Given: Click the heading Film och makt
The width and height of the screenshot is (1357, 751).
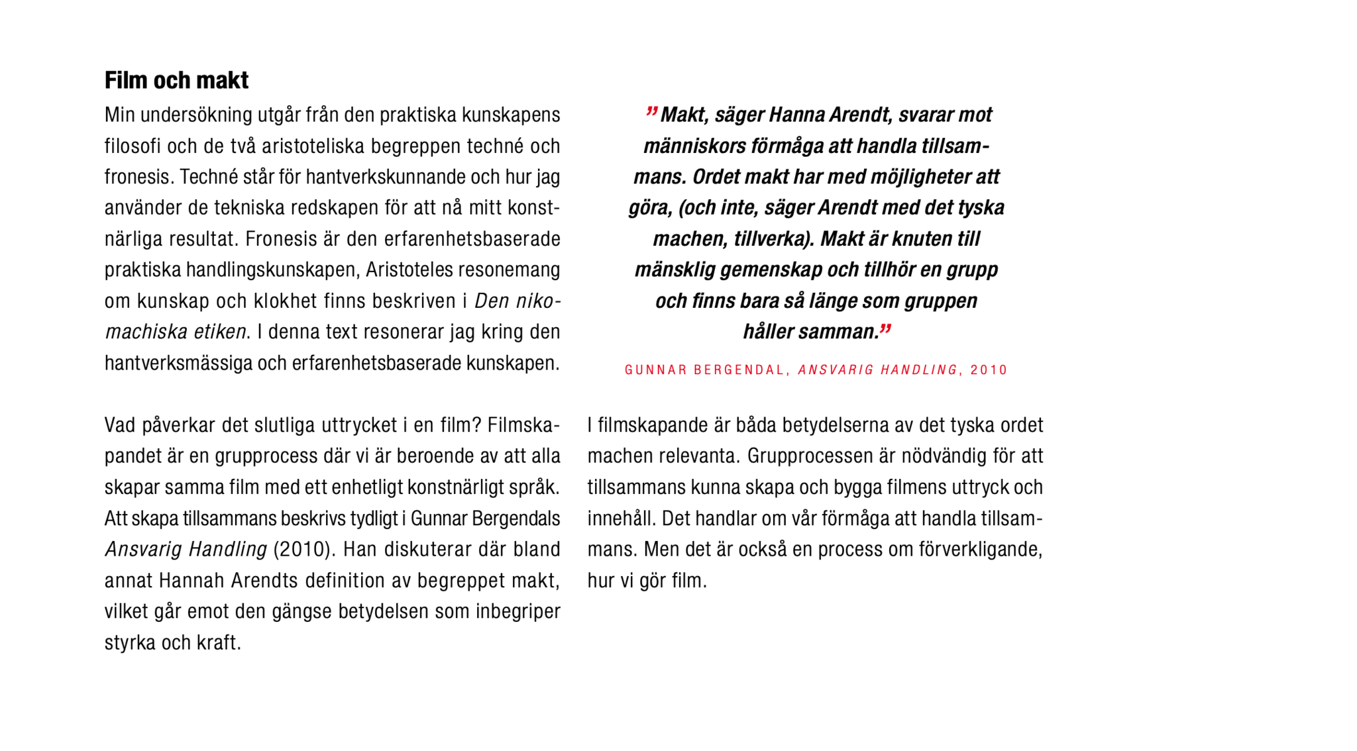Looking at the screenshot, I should click(x=176, y=81).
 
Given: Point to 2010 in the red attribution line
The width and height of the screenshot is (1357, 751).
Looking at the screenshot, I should click(x=989, y=370).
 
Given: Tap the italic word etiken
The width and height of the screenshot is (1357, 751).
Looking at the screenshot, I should click(x=220, y=332).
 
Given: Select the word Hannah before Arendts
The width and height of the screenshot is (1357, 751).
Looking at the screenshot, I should click(x=192, y=581).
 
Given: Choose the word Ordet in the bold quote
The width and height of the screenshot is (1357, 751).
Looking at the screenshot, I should click(x=716, y=177).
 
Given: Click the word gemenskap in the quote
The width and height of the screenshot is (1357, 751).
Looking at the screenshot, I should click(x=771, y=270).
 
